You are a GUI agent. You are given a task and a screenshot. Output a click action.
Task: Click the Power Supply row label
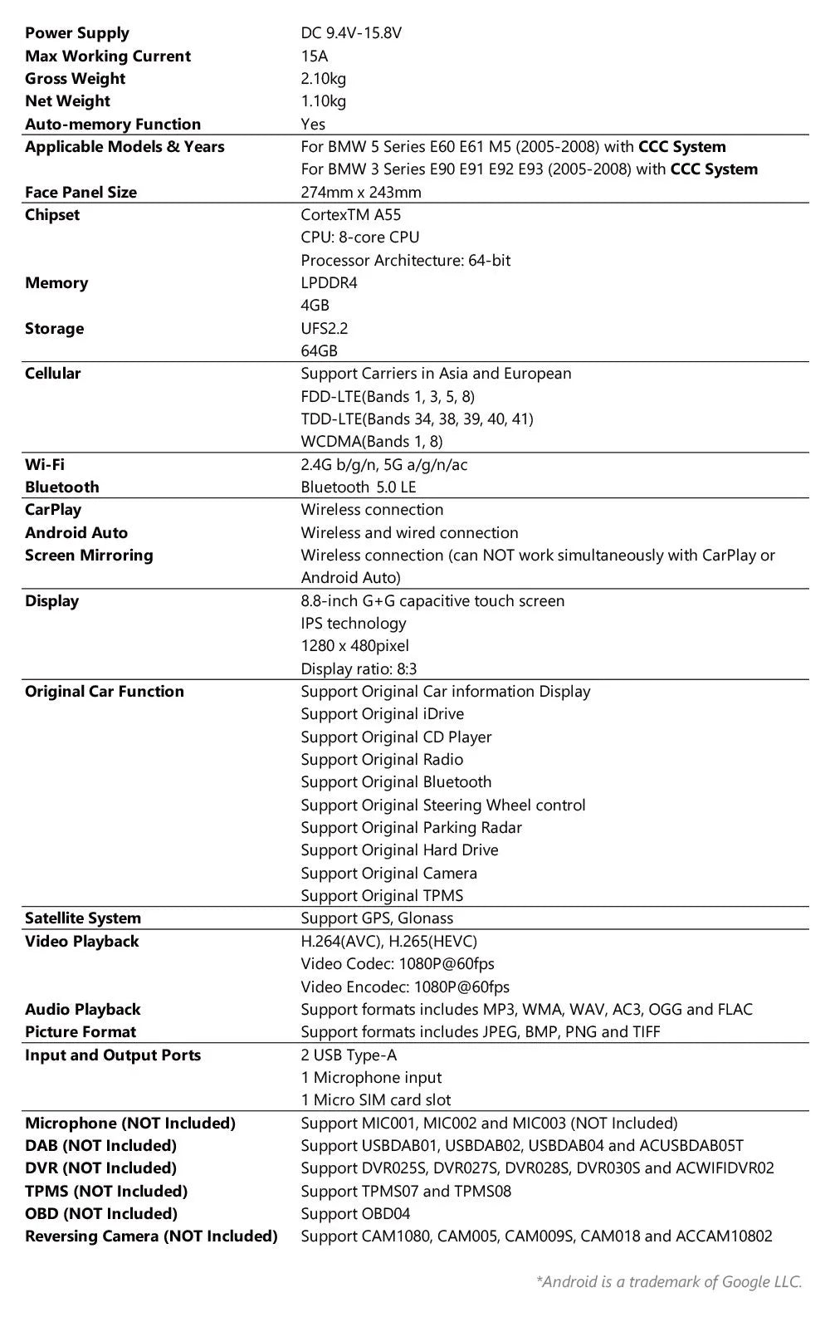(77, 33)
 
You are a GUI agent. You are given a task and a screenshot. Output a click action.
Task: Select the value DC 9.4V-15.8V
(351, 33)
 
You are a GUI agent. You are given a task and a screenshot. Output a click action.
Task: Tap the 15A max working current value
(315, 56)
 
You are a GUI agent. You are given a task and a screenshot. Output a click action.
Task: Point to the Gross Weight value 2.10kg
(324, 79)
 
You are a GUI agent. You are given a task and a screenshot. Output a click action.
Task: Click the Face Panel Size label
(81, 192)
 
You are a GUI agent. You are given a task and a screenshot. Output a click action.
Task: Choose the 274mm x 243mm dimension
(361, 192)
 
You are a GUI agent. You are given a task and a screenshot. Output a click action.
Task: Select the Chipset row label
(52, 215)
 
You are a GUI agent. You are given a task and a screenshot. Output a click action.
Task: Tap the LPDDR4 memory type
(329, 283)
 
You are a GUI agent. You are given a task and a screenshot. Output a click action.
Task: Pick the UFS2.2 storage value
(325, 329)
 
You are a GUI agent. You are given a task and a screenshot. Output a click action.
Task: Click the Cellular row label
(53, 374)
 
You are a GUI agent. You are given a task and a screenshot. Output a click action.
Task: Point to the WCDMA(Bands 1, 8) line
(372, 442)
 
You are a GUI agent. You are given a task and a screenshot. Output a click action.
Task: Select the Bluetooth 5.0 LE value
(359, 487)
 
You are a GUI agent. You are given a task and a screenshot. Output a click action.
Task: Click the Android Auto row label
(76, 533)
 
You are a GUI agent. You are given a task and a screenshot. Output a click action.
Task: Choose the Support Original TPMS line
(382, 896)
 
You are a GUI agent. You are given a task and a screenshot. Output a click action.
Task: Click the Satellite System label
(83, 918)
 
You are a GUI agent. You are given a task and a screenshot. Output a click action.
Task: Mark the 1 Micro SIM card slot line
(376, 1100)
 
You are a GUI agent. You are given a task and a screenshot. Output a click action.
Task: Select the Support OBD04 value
(355, 1214)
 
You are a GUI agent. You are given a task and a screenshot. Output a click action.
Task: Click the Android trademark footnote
(669, 1282)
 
